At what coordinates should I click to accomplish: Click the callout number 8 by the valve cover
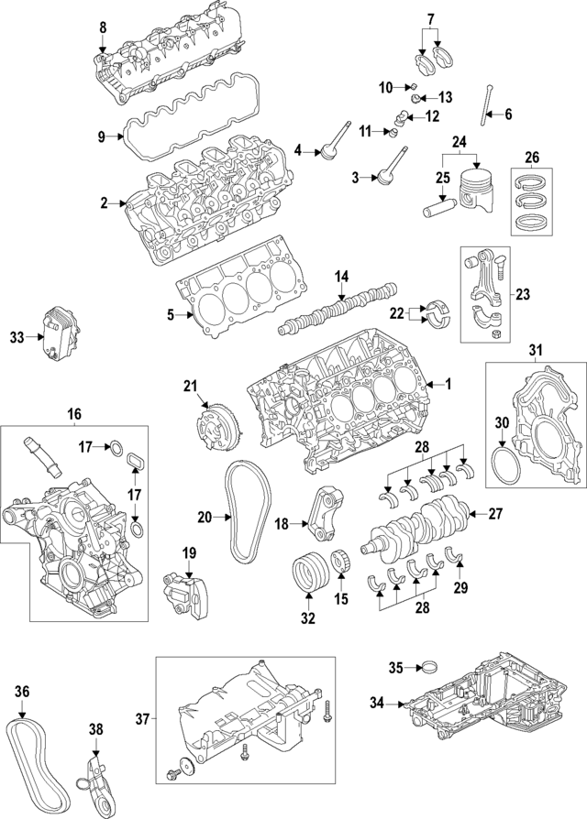pyautogui.click(x=103, y=27)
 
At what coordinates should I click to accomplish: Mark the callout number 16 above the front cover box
pyautogui.click(x=74, y=414)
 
